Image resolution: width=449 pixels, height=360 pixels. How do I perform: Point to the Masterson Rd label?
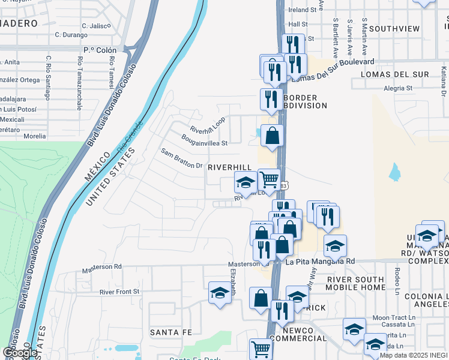(x=101, y=266)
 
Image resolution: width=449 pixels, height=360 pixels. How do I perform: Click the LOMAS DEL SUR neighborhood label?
(x=394, y=74)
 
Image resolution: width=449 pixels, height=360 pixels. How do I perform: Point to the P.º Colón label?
(x=99, y=50)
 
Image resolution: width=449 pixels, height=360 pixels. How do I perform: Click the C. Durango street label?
(x=72, y=35)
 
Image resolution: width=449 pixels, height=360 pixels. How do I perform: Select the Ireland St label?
(x=302, y=10)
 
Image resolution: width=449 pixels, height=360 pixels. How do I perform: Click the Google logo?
(x=20, y=352)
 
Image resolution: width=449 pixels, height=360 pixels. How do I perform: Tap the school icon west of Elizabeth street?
(x=220, y=293)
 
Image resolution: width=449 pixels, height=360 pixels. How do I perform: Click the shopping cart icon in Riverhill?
(x=269, y=179)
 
